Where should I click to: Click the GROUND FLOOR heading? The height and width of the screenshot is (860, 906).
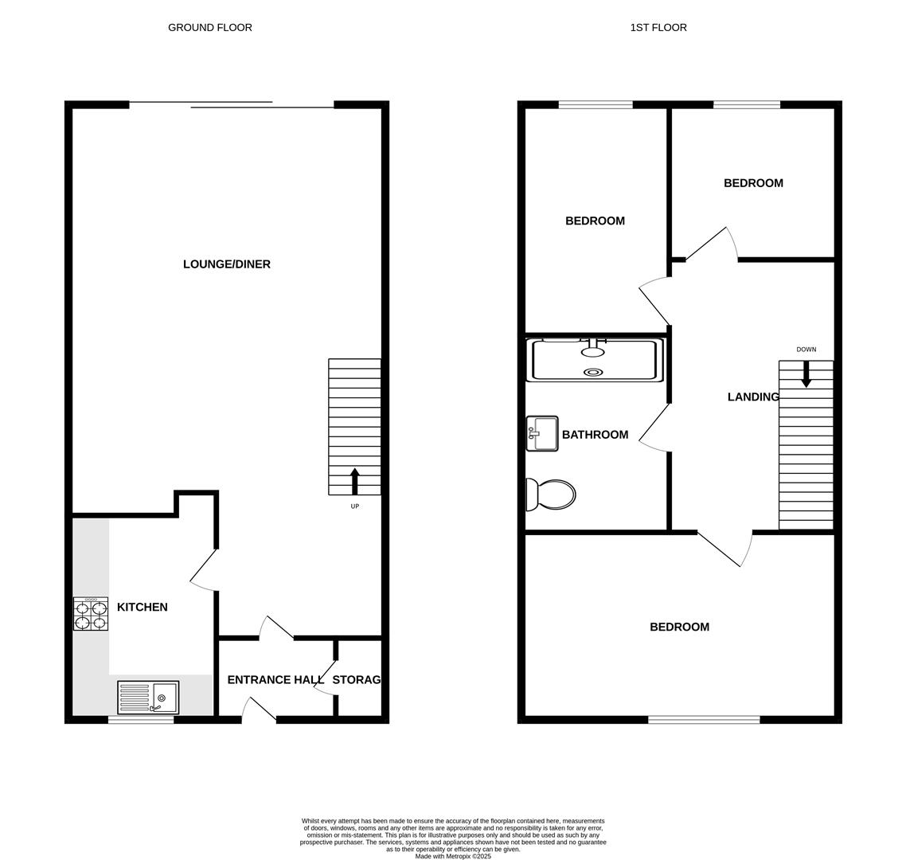(209, 28)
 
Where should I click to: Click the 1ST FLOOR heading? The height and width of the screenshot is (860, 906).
(658, 28)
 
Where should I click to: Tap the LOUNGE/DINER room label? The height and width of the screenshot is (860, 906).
(227, 264)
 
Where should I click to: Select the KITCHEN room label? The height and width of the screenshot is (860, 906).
(142, 608)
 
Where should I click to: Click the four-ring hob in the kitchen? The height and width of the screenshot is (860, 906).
(91, 614)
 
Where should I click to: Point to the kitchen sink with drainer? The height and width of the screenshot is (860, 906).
(148, 698)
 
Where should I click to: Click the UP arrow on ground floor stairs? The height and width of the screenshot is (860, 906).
(355, 481)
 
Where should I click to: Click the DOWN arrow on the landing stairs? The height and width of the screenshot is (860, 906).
(806, 373)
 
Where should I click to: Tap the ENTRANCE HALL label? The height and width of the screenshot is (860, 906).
(275, 680)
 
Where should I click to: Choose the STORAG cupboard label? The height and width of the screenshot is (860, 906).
(356, 680)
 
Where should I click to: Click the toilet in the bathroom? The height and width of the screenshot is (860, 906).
(551, 494)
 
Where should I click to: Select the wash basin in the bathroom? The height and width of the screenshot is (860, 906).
(542, 434)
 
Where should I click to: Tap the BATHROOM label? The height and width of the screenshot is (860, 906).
(595, 435)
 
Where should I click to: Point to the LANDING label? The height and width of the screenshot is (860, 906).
(752, 397)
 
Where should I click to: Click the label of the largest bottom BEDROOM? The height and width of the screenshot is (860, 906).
(679, 627)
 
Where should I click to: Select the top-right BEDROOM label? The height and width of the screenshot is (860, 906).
(753, 183)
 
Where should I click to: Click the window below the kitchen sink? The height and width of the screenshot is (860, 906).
(141, 720)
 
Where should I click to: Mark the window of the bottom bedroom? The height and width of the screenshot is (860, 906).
(704, 720)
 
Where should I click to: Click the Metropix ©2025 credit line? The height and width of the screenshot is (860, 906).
(453, 857)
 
